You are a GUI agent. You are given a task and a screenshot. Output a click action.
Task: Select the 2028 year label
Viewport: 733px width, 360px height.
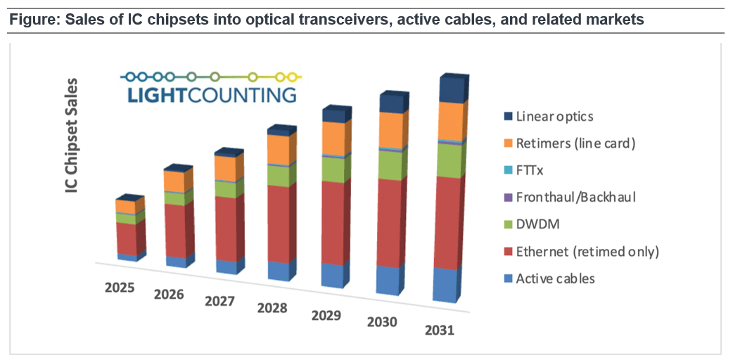pos(273,308)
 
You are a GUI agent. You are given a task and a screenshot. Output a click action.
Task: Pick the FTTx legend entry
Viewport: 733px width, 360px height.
pos(530,170)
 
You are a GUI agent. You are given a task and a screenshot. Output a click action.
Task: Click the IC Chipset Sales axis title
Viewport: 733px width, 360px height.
pos(72,137)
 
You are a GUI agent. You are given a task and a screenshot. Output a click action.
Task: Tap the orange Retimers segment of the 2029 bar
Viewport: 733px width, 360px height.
pos(336,138)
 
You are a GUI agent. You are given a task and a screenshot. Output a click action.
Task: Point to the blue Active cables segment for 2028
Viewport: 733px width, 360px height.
pos(278,271)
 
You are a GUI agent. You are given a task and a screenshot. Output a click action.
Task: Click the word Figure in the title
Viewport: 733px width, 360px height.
pos(31,20)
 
